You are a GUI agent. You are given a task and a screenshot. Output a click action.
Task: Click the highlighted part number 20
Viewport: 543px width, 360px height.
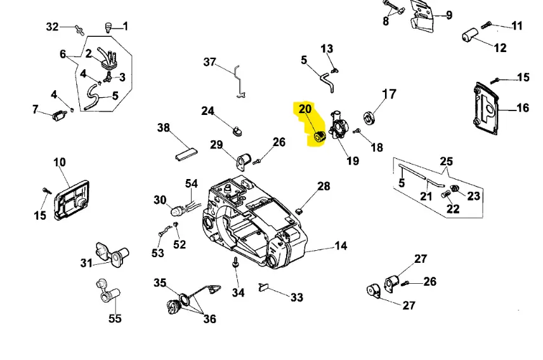point(304,109)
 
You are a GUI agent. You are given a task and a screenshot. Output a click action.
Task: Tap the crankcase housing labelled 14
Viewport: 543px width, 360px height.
point(254,222)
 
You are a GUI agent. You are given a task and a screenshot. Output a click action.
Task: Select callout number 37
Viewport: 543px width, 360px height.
point(210,62)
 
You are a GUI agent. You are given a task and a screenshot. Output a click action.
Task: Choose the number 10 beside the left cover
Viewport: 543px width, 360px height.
point(59,163)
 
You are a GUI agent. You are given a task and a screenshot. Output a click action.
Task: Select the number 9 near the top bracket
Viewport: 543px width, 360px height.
point(448,15)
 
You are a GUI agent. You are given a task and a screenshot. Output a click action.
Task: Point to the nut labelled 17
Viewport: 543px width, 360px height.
point(367,117)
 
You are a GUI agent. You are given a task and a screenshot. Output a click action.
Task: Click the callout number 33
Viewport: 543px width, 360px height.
point(296,297)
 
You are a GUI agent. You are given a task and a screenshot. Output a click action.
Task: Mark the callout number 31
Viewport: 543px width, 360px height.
point(86,263)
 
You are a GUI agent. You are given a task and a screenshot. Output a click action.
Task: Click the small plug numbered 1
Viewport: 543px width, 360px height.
point(108,26)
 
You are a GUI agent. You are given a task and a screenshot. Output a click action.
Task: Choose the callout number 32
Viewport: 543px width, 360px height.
point(53,27)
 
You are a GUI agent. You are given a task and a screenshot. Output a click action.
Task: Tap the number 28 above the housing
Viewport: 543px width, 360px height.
point(324,186)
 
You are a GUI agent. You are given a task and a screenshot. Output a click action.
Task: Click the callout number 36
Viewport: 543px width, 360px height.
point(209,319)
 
